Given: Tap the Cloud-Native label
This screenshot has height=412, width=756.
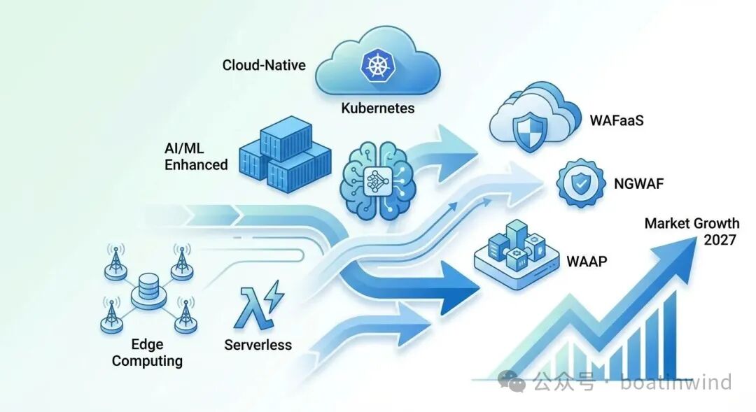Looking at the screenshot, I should point(264,65).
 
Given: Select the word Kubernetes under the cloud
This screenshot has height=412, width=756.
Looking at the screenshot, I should point(377,108).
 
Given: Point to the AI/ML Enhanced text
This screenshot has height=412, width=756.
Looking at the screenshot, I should point(196,156).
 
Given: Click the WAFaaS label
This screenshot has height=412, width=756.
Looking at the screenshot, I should point(616,120).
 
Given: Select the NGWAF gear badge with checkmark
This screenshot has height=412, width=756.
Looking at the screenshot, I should point(580,184).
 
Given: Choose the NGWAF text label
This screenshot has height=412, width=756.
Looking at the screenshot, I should point(638,185).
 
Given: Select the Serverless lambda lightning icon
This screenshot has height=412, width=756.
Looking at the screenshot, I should point(259,306).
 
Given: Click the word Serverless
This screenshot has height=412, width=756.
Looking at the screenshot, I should point(258,345).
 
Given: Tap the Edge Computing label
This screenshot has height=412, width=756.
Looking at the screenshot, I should point(147,353).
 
